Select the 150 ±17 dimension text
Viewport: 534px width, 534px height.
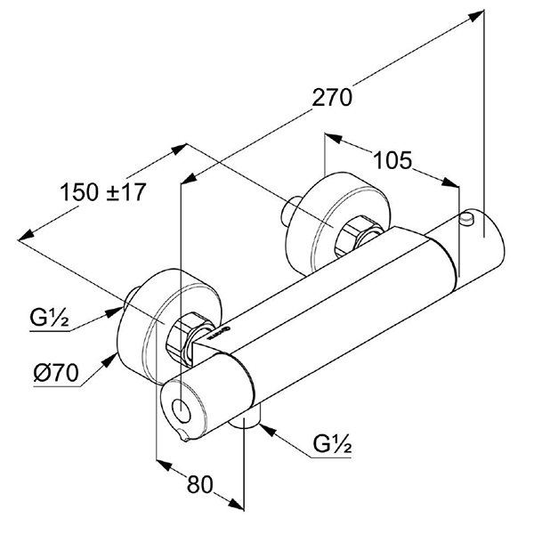coord(103,190)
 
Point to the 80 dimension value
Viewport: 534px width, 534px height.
coord(200,485)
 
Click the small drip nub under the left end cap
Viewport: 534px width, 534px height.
coord(183,436)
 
